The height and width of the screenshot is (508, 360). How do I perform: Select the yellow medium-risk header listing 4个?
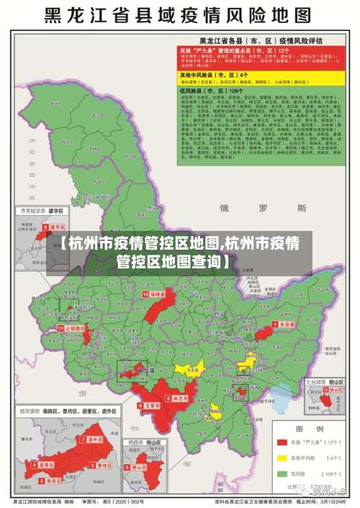[x=224, y=75]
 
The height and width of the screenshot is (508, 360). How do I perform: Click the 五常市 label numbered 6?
[x=150, y=406]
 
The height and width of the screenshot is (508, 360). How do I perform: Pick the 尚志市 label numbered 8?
[x=176, y=398]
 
